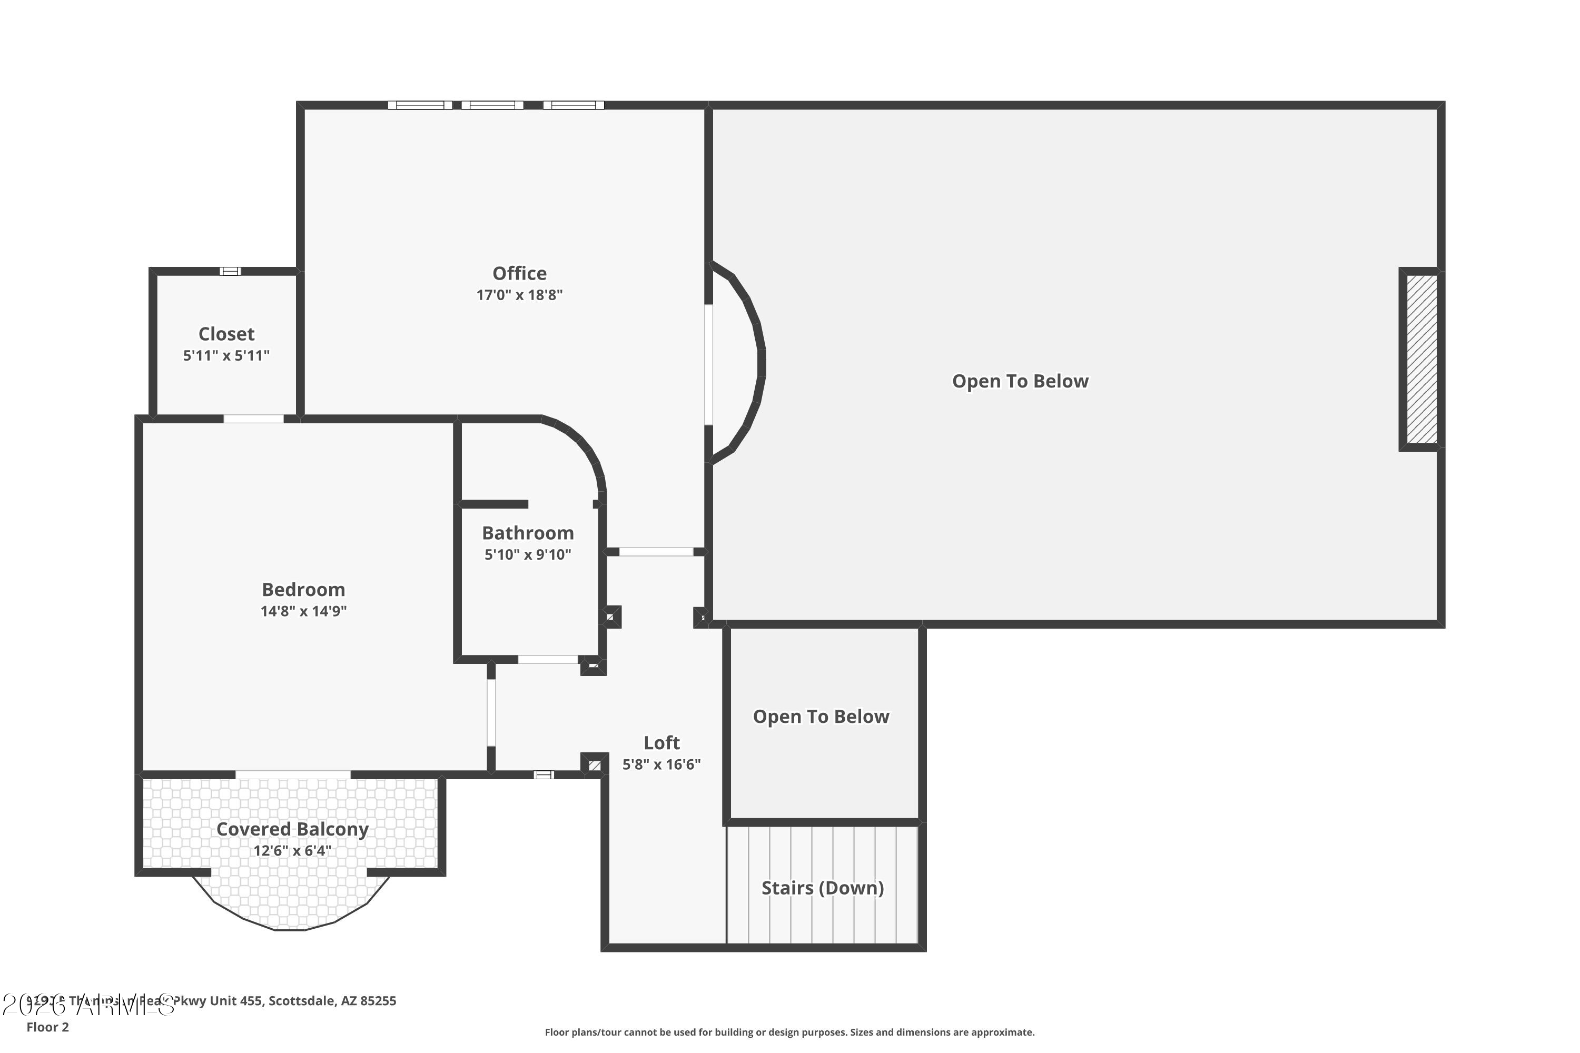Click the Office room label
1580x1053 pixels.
519,273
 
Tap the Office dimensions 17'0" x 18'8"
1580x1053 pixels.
519,295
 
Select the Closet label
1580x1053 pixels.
226,334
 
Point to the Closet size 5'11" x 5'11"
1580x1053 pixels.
226,355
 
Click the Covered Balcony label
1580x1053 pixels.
292,829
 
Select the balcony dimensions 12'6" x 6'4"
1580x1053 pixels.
292,851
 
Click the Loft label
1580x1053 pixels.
661,743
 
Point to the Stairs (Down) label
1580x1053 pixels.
822,888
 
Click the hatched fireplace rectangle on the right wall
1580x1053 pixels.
1421,359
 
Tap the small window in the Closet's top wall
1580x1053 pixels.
230,271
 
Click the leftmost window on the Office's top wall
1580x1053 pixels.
420,105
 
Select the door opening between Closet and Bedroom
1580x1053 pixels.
253,419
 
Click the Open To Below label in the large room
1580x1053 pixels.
1020,381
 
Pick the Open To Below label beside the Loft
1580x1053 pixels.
821,717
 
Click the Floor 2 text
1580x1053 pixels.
48,1027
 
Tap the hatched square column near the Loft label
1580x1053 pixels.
595,765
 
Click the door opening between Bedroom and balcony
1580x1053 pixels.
293,775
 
